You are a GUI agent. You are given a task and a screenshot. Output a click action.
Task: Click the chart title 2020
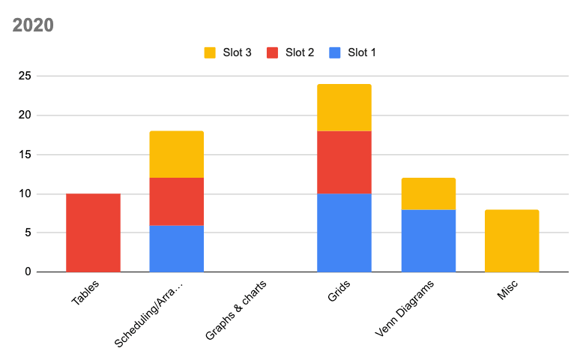click(33, 25)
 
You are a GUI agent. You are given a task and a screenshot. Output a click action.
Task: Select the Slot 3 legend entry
click(228, 52)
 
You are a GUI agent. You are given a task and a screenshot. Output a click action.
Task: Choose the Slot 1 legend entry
click(354, 52)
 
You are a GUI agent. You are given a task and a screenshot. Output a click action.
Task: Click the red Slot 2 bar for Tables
click(93, 232)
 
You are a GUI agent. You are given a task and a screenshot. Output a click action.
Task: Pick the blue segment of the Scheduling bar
click(176, 248)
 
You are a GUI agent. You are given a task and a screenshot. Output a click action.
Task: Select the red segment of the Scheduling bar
click(176, 201)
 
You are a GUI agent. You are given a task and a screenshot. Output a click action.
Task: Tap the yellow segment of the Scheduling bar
click(176, 154)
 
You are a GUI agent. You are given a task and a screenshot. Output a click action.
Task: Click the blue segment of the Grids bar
click(344, 232)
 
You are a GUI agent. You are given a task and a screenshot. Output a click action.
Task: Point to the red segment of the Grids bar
click(344, 162)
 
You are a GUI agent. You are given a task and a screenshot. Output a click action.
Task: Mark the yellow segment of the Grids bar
click(344, 107)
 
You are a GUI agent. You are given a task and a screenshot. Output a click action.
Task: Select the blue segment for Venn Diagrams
click(428, 240)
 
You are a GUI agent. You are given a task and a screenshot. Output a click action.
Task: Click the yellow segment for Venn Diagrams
click(428, 193)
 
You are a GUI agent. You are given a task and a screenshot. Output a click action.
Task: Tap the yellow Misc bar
click(512, 240)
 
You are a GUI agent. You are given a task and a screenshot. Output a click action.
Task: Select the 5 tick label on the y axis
click(28, 232)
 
